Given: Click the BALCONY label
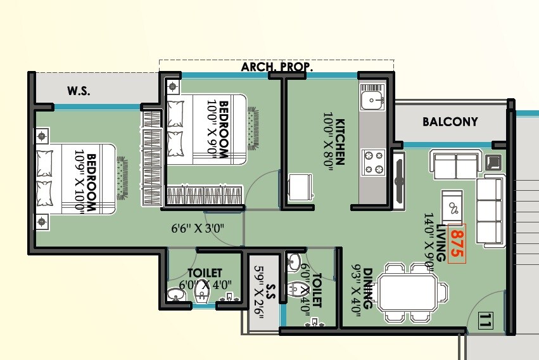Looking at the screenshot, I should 450,122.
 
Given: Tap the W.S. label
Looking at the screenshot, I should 79,91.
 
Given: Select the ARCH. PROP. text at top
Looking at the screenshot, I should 277,67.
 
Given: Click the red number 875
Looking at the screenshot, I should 457,243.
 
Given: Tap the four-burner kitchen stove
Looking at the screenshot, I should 372,162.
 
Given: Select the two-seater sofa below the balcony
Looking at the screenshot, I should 454,164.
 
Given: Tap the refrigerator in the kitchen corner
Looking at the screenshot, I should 298,188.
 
